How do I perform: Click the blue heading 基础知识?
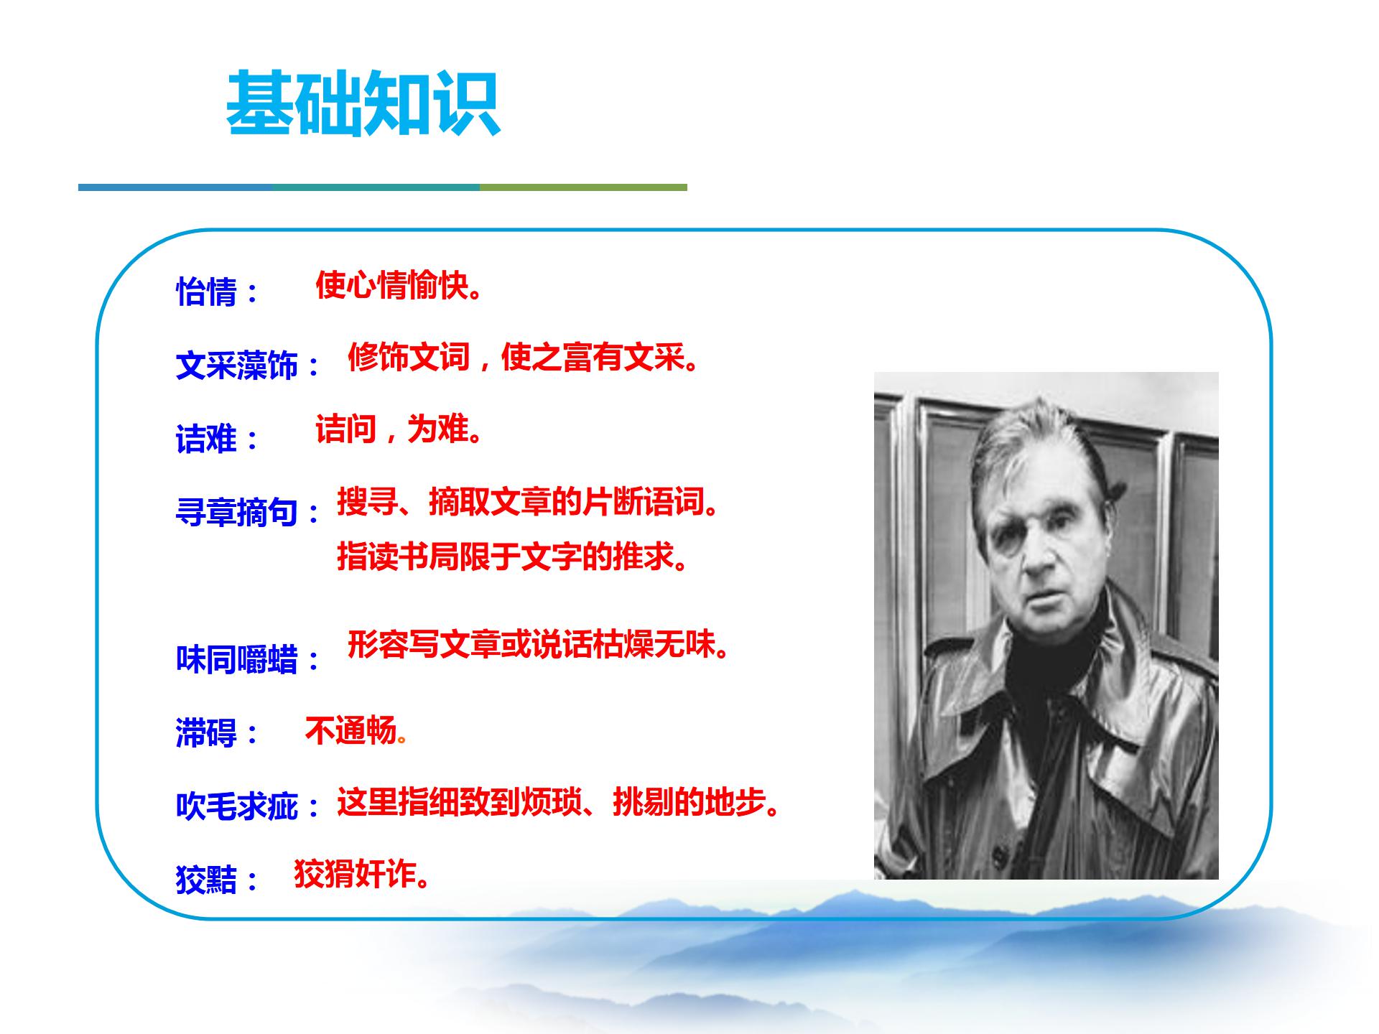[x=363, y=104]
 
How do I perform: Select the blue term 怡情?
[x=207, y=292]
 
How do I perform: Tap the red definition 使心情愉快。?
[x=398, y=286]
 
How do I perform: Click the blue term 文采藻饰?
[x=237, y=365]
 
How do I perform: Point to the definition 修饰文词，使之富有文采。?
[x=523, y=357]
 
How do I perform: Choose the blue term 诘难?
[x=207, y=439]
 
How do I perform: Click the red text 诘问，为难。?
[x=398, y=430]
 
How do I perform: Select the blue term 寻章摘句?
[x=237, y=513]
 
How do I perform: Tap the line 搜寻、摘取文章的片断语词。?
[x=527, y=502]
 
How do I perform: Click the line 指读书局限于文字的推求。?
[x=512, y=556]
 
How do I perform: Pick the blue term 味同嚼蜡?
[x=237, y=659]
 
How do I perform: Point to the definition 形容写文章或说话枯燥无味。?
[x=538, y=644]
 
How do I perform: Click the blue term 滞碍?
[x=207, y=733]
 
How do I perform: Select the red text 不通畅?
[x=351, y=731]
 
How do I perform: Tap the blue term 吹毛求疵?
[x=237, y=806]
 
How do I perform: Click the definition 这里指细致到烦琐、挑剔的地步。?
[x=558, y=803]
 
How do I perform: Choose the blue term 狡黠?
[x=207, y=879]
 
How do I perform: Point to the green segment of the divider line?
[x=582, y=187]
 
